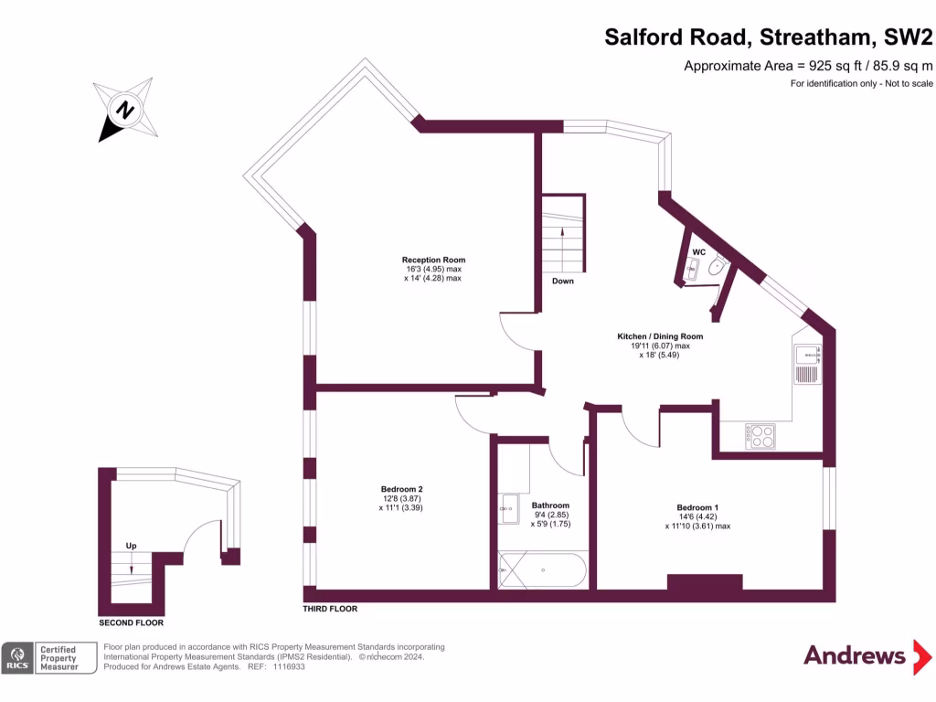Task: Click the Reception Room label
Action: [x=431, y=259]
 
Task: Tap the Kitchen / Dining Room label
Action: [x=660, y=336]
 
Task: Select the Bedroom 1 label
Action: [x=697, y=507]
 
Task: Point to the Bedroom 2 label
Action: [x=400, y=488]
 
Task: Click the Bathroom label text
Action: [x=550, y=505]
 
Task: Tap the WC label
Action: [x=698, y=251]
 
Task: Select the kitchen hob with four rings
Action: [x=760, y=436]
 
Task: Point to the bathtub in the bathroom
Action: [x=543, y=570]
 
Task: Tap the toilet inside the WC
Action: [x=717, y=267]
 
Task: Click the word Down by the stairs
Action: [x=563, y=281]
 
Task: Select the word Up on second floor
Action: [x=131, y=546]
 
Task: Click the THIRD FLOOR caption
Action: [x=330, y=609]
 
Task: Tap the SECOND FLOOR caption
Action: [x=131, y=622]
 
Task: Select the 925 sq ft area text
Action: [x=809, y=65]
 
